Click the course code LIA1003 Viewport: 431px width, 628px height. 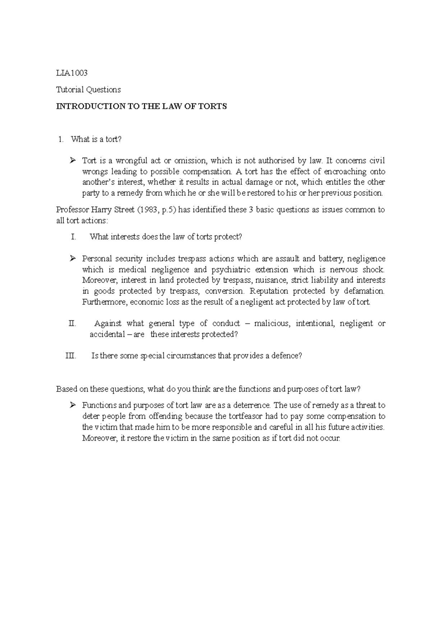tap(72, 73)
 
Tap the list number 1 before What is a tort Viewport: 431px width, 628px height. tap(60, 139)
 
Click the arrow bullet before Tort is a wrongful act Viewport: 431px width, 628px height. tap(72, 161)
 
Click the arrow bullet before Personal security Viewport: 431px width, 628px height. tap(72, 259)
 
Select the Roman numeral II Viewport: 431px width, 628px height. tap(72, 324)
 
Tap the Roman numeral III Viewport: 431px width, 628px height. tap(70, 356)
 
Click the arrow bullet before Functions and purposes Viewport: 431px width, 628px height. tap(72, 405)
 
